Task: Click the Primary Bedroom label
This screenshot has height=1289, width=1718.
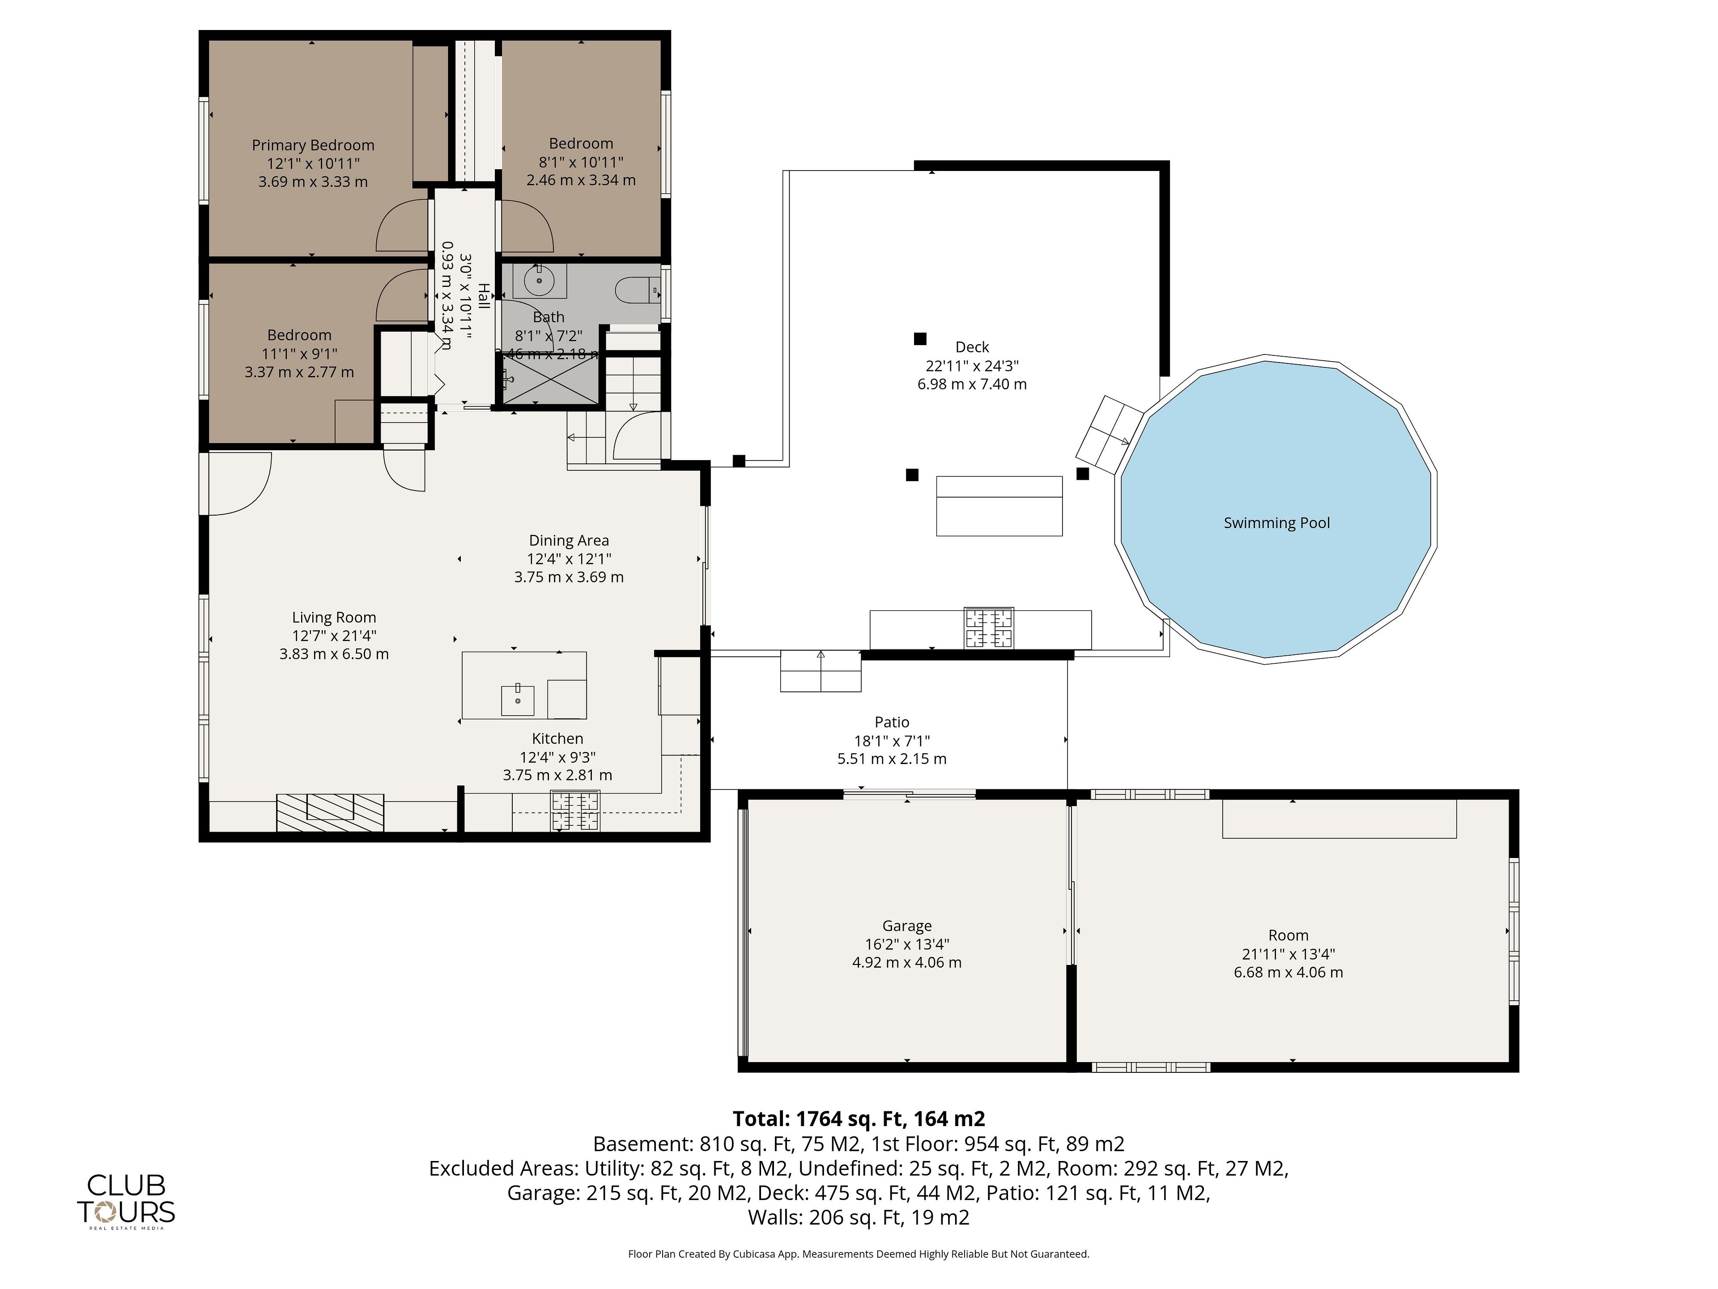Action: (313, 145)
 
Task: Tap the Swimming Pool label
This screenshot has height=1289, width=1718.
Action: (1277, 523)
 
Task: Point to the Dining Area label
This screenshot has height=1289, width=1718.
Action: (569, 540)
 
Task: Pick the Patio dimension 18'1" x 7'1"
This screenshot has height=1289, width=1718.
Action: (892, 740)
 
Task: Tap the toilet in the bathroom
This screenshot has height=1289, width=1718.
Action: (637, 291)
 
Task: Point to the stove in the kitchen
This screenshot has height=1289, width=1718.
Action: (575, 811)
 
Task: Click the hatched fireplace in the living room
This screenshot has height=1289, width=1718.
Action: (330, 812)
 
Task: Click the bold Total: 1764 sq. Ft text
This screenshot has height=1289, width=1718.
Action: (859, 1119)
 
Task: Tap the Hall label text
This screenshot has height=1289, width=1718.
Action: (483, 296)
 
